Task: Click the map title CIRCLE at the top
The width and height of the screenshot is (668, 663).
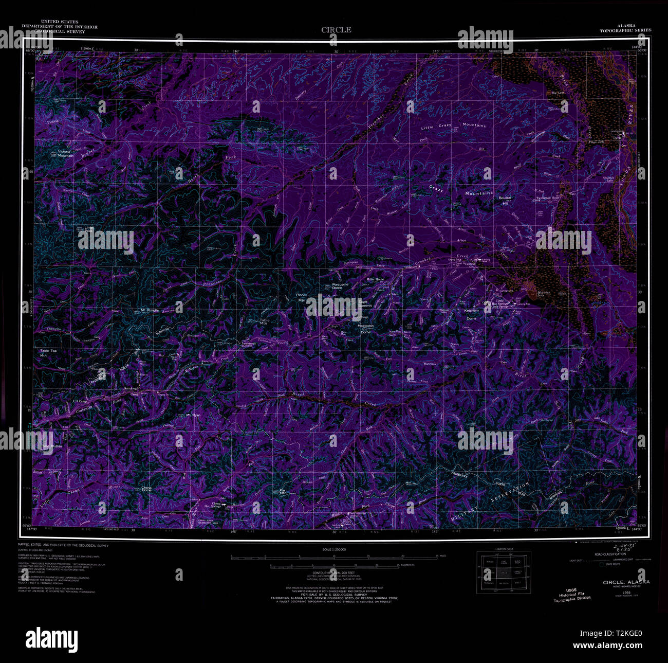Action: pyautogui.click(x=337, y=30)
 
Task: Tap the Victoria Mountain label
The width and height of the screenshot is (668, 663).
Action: pyautogui.click(x=64, y=153)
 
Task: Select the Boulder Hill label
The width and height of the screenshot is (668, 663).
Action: pyautogui.click(x=505, y=201)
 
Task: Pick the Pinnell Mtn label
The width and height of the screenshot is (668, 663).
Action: pyautogui.click(x=302, y=297)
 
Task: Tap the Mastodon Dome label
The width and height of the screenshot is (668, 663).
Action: pyautogui.click(x=366, y=329)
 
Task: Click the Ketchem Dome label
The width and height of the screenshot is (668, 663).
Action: pyautogui.click(x=471, y=314)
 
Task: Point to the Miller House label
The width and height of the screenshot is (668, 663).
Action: pyautogui.click(x=375, y=279)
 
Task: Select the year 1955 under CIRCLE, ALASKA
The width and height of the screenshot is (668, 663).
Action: pyautogui.click(x=626, y=593)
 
